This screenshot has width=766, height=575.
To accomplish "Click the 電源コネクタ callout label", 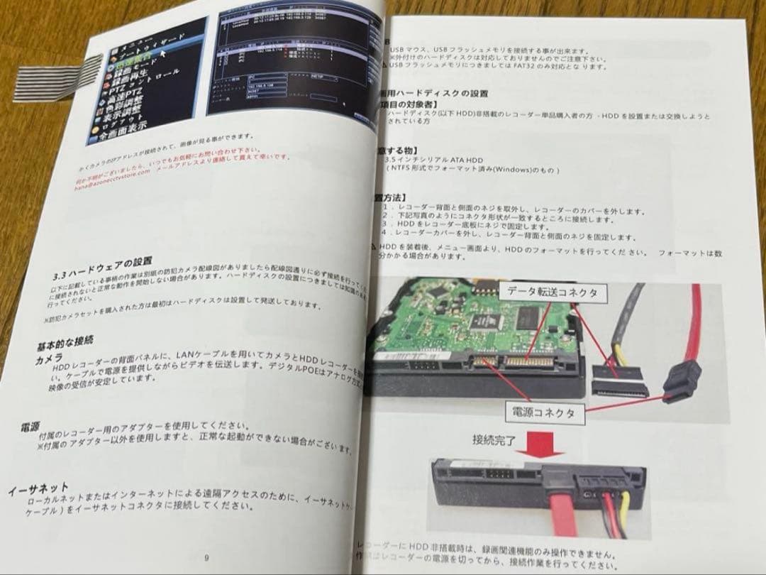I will click(x=540, y=411).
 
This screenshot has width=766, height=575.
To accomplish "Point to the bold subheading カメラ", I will click(x=50, y=359).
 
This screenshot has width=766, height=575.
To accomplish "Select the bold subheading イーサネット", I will click(x=39, y=489).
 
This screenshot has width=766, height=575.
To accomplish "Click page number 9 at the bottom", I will click(x=206, y=557).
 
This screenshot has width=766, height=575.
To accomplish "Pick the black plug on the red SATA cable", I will click(x=682, y=381).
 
